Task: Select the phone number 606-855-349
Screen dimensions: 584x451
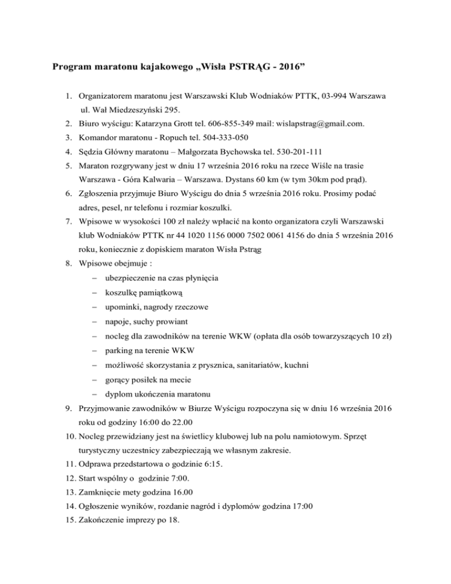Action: (228, 123)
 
